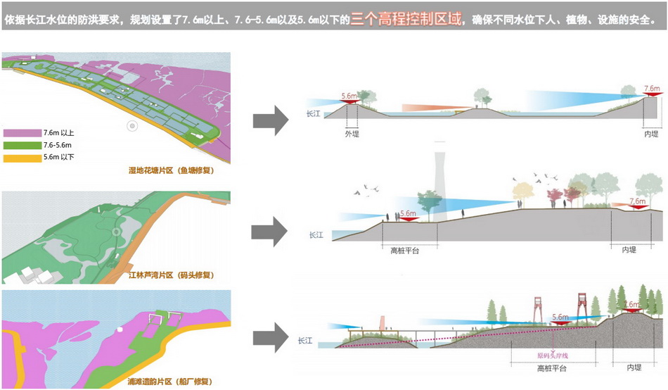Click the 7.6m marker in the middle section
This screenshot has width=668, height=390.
click(638, 202)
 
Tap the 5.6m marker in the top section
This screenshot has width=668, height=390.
click(349, 96)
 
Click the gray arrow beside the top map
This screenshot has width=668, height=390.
click(270, 118)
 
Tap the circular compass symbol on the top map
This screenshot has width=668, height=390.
click(131, 125)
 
